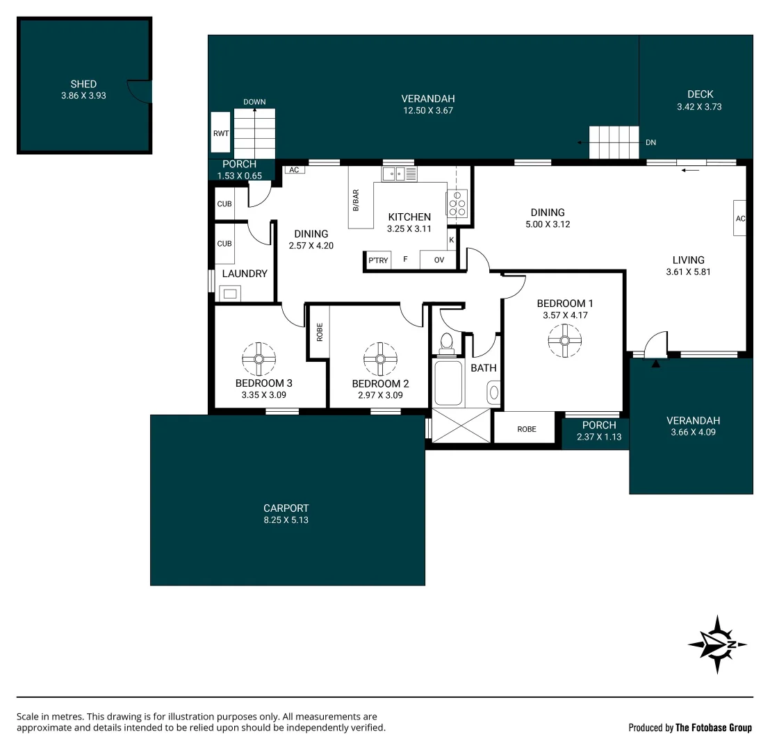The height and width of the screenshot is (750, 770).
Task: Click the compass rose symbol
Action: click(x=717, y=644)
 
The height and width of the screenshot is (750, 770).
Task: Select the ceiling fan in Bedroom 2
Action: click(x=380, y=359)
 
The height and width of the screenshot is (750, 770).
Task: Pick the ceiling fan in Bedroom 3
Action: click(x=259, y=359)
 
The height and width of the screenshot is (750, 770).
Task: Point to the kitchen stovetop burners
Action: click(x=457, y=203)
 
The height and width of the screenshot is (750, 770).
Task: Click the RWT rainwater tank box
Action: click(x=221, y=133)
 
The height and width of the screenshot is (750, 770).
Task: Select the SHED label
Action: click(x=83, y=84)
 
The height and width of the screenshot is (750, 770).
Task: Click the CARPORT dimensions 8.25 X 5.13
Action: click(x=286, y=519)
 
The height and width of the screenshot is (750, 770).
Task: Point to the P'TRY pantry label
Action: click(x=378, y=260)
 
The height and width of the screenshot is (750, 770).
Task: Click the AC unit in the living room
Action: click(x=739, y=218)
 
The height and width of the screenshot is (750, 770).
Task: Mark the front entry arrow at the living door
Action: click(x=655, y=363)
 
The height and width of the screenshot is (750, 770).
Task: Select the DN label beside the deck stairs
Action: click(x=650, y=142)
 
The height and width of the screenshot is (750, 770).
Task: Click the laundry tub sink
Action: click(x=229, y=293)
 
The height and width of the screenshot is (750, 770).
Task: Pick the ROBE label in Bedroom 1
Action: click(x=527, y=429)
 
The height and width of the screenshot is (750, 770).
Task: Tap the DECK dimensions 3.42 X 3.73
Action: click(x=700, y=107)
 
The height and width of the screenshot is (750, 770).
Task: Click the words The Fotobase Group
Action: click(x=714, y=728)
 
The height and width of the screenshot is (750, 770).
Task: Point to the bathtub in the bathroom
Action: click(x=448, y=382)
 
